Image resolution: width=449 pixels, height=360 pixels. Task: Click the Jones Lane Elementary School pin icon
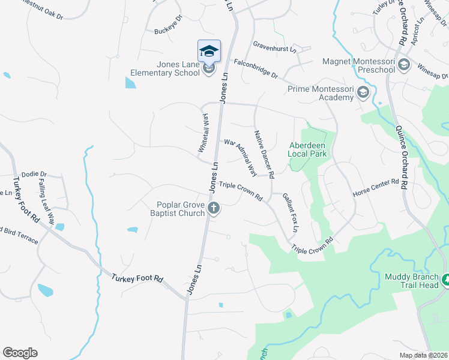click(209, 51)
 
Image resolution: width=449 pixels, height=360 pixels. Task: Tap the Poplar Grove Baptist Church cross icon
click(214, 209)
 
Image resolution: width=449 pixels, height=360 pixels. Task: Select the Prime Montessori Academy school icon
click(363, 92)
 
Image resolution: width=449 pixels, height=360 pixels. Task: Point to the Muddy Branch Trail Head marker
click(445, 280)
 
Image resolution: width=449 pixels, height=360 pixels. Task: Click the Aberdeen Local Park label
click(308, 149)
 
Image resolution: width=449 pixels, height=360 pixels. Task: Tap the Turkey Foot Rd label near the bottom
click(137, 278)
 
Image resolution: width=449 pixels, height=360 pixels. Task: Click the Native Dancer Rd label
click(264, 154)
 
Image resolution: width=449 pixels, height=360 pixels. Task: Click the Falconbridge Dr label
click(256, 68)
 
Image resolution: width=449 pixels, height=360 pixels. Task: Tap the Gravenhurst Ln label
click(274, 46)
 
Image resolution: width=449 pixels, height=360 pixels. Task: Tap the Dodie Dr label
click(34, 174)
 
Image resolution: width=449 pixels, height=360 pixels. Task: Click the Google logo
click(20, 353)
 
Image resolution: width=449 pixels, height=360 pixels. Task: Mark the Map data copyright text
click(423, 355)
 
